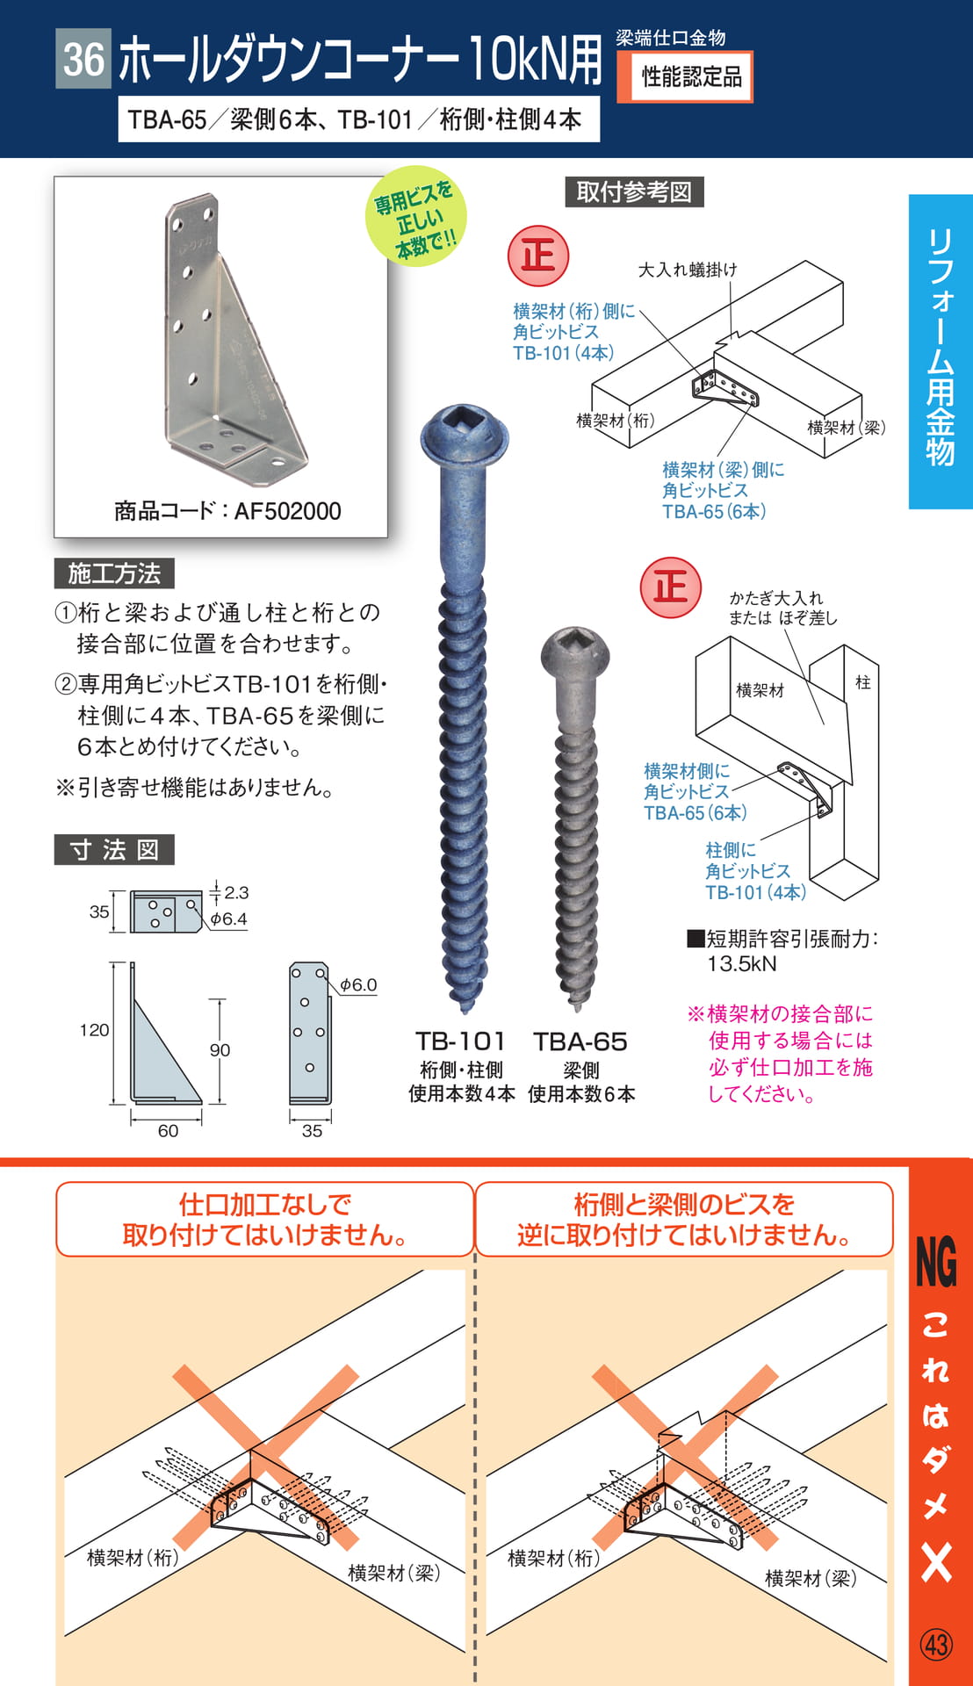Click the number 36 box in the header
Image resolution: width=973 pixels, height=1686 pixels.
tap(83, 59)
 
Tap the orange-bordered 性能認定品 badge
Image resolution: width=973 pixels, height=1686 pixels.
tap(685, 77)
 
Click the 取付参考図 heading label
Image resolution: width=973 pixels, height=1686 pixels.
tap(634, 191)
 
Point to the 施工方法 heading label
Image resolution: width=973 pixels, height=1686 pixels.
tap(114, 573)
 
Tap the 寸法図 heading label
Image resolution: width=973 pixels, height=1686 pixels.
tap(114, 850)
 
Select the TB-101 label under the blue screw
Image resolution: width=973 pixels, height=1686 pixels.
tap(460, 1041)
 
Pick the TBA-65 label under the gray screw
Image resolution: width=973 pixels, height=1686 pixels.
tap(580, 1041)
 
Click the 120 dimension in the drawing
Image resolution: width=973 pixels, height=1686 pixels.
tap(94, 1030)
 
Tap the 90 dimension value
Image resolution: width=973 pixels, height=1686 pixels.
tap(220, 1050)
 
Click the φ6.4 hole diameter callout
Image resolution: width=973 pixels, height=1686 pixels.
tap(228, 919)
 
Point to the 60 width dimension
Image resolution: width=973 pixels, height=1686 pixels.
tap(168, 1131)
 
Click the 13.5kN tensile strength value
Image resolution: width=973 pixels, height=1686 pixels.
tap(742, 964)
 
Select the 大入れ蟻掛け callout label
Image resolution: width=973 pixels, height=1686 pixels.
tap(688, 270)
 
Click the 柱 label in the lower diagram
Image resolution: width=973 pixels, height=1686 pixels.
tap(863, 682)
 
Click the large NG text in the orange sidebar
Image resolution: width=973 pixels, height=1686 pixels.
tap(936, 1263)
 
